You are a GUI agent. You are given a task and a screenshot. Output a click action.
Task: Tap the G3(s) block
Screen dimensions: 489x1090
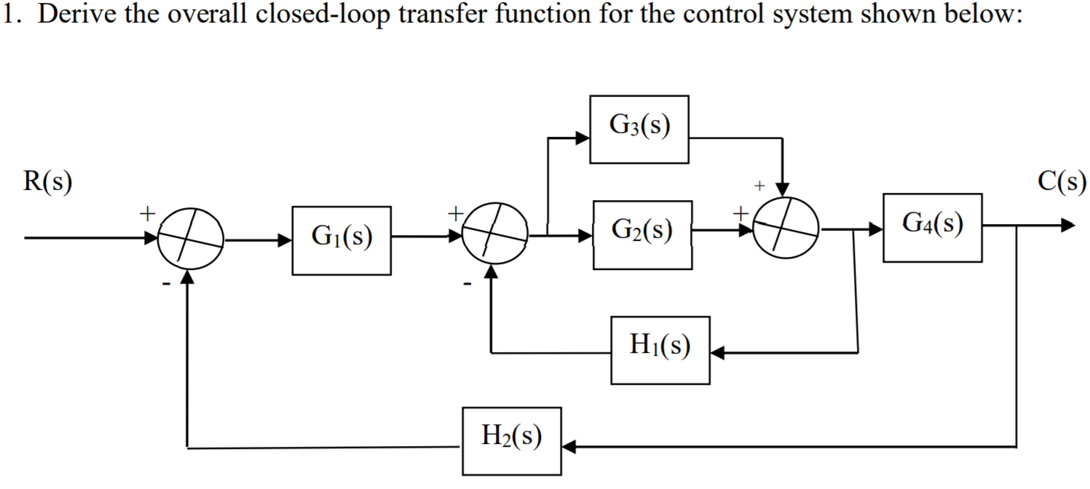click(x=639, y=129)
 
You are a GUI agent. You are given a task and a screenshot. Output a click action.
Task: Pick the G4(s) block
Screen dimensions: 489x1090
click(x=932, y=227)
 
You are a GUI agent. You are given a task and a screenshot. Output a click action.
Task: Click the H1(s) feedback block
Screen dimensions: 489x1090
click(x=660, y=349)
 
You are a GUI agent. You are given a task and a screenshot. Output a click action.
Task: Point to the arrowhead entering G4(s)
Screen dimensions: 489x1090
click(x=875, y=229)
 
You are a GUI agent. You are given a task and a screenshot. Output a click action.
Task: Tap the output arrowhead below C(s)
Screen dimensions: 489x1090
click(x=1067, y=226)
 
